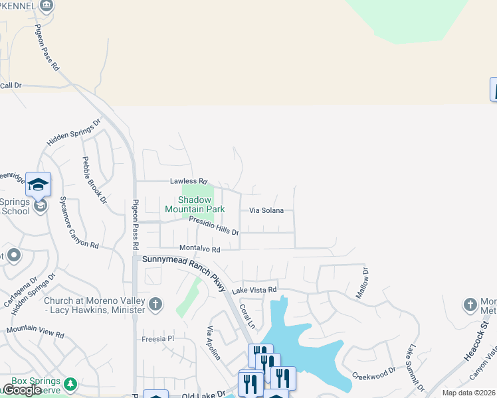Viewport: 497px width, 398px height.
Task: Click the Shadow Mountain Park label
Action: coord(195,204)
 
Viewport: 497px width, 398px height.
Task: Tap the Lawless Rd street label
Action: coord(189,181)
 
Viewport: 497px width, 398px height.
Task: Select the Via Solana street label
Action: coord(266,210)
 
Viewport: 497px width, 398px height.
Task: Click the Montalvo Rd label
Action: coord(199,249)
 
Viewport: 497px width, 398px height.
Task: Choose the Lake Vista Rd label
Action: coord(254,290)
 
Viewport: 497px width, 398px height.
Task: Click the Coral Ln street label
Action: coord(247,316)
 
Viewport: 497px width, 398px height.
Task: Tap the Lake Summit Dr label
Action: coord(416,366)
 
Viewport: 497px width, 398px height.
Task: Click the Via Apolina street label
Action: coord(213,344)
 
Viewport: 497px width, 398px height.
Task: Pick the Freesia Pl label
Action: coord(157,338)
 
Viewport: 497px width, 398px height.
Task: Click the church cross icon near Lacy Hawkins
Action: coord(155,304)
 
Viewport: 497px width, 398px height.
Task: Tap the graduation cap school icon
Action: coord(39,184)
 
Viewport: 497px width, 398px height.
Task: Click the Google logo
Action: coord(22,390)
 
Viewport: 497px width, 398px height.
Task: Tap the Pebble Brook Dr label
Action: coord(94,179)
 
